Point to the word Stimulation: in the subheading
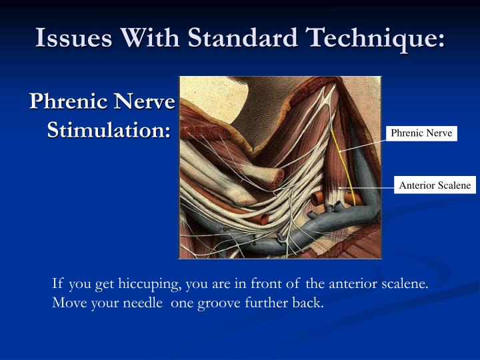[109, 129]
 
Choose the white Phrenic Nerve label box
[421, 133]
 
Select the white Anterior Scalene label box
[435, 185]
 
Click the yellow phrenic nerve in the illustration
[335, 147]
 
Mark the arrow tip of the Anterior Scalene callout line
[340, 188]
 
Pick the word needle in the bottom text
[147, 302]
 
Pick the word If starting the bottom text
[57, 283]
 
